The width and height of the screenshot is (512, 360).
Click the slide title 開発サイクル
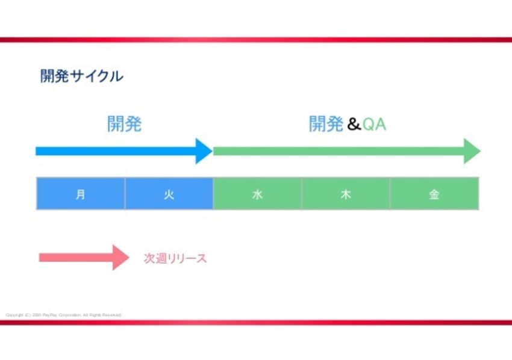(x=82, y=76)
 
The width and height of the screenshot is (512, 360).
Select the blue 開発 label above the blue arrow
(x=124, y=124)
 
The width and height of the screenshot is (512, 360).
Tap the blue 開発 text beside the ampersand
(x=326, y=124)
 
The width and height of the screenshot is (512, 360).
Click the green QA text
(x=374, y=125)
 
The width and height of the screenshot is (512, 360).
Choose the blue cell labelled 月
(x=81, y=194)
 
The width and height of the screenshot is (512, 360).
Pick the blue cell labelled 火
(x=169, y=194)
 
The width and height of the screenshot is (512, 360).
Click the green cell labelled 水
(x=258, y=194)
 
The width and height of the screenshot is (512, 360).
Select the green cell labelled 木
(x=346, y=194)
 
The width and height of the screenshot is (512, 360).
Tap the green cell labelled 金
(x=434, y=194)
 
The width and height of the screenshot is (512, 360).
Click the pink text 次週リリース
(x=175, y=258)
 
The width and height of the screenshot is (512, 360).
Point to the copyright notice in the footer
(x=64, y=315)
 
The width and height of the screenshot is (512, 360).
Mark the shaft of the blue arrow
(x=114, y=151)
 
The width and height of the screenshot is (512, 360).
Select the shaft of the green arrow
(x=337, y=151)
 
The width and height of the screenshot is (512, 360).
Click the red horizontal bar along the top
(x=256, y=40)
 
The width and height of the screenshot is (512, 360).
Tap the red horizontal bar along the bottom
(x=256, y=322)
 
